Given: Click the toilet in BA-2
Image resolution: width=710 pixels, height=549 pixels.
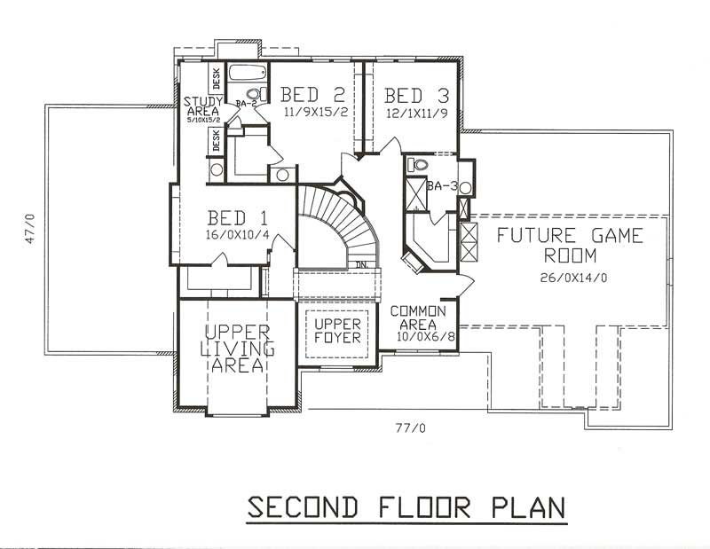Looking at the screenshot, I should pos(253,93).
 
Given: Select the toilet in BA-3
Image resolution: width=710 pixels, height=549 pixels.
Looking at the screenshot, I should pos(418,165).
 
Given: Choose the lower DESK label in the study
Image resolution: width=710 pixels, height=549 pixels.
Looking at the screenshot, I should pos(216,140).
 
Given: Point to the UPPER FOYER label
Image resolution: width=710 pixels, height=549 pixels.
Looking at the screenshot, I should pos(336,331).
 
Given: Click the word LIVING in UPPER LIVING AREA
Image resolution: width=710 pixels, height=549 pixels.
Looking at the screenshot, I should pos(236,349).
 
